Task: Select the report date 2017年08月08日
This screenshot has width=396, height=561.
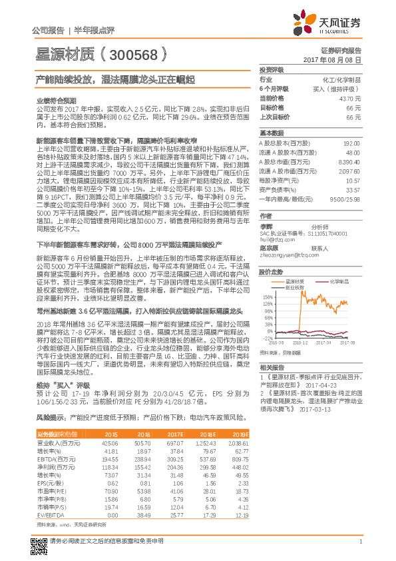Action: pos(339,59)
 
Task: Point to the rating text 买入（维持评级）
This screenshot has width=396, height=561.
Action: pos(341,88)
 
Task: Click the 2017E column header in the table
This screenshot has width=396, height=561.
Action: pos(173,434)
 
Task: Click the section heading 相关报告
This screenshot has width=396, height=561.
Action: pos(272,367)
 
